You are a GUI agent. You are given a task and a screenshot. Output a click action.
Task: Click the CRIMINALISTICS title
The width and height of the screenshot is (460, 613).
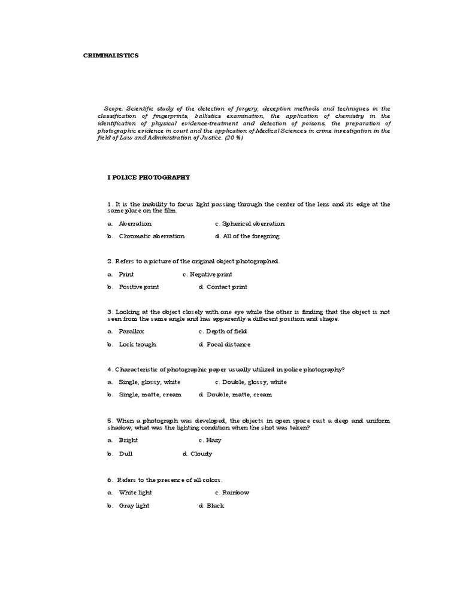pos(110,56)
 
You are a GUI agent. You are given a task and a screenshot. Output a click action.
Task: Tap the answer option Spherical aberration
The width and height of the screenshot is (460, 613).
pos(253,223)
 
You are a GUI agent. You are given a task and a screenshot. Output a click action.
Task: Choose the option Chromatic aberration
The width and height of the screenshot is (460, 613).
pos(152,236)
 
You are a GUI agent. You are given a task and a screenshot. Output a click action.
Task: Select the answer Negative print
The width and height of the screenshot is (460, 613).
pos(211,274)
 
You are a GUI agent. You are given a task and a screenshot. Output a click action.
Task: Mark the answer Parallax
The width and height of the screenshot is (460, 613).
pos(131,331)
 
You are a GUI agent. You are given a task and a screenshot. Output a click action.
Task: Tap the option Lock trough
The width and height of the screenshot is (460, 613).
pos(137,344)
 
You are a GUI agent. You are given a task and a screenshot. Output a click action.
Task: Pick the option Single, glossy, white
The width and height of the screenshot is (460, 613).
pos(150,382)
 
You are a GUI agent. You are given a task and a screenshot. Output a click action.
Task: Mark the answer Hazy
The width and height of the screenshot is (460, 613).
pos(213,440)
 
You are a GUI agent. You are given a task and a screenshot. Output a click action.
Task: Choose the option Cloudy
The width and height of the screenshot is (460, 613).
pos(201,454)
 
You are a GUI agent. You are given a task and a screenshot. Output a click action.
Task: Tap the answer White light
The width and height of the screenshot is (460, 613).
pos(135,493)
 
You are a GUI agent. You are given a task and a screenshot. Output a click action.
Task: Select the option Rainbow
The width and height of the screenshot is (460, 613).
pos(235,493)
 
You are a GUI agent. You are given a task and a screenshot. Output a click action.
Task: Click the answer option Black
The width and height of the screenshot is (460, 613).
pos(215,506)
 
